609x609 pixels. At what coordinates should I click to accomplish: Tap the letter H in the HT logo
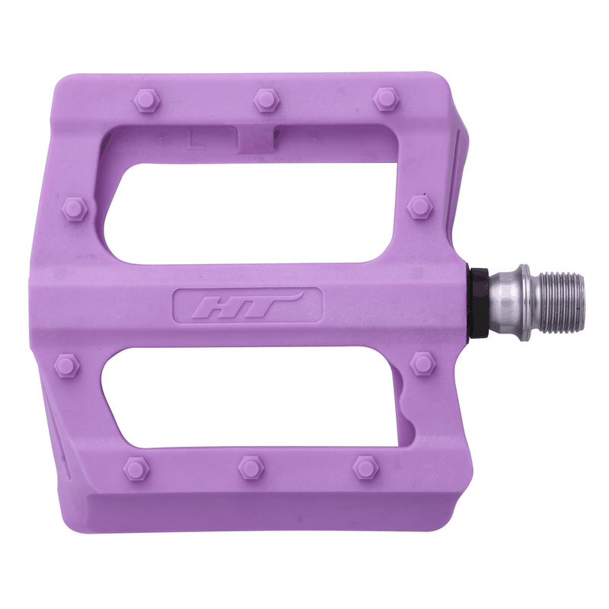pyautogui.click(x=215, y=308)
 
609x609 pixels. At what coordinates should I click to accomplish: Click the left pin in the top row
pyautogui.click(x=145, y=99)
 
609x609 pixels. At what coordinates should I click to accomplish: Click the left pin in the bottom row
pyautogui.click(x=136, y=468)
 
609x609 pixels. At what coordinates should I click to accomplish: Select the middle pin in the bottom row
pyautogui.click(x=250, y=466)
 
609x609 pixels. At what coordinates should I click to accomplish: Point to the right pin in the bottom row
pyautogui.click(x=365, y=466)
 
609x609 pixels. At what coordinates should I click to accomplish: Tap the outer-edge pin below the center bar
pyautogui.click(x=67, y=367)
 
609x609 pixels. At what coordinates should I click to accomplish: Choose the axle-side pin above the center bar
pyautogui.click(x=419, y=206)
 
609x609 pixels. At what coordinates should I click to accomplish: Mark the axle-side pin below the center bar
pyautogui.click(x=422, y=364)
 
